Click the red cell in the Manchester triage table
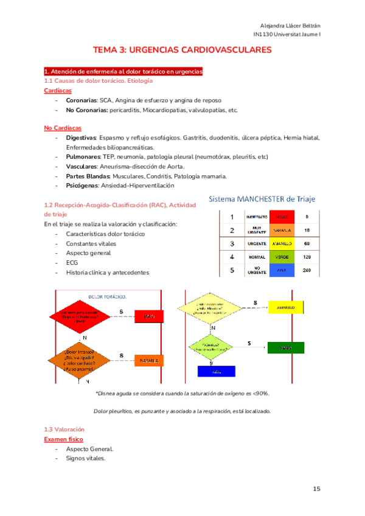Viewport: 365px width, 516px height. coord(281,217)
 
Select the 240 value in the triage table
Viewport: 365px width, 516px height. coord(307,270)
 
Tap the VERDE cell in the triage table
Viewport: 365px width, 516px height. coord(281,257)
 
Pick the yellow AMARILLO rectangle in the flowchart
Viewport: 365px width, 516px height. coord(285,308)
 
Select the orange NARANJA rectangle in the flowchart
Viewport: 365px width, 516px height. coord(150,360)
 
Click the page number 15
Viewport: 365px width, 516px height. coord(316,489)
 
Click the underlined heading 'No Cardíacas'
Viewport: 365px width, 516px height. coord(63,128)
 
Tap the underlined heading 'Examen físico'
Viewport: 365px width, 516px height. coord(64,439)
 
